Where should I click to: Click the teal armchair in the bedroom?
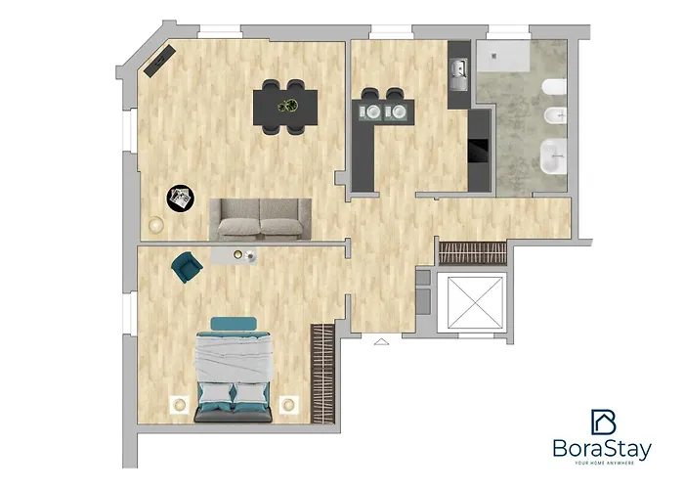point(187,267)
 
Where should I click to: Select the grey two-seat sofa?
point(261,219)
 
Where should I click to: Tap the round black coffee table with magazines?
point(181,199)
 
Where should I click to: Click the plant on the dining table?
point(288,106)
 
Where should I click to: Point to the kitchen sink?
point(459,74)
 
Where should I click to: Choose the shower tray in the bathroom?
point(502,56)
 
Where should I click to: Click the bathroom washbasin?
point(553,156)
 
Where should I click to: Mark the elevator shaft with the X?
point(475,302)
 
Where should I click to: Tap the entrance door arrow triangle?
point(381,342)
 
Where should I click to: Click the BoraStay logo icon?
point(603,422)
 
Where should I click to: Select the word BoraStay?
point(602,448)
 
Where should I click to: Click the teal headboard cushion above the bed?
point(234,324)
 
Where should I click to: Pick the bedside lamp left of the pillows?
point(179,405)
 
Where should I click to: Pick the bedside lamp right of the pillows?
point(289,405)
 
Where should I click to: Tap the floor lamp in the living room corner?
point(155,225)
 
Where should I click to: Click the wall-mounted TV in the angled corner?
point(159,61)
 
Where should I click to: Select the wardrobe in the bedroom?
point(322,374)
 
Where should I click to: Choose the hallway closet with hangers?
point(472,253)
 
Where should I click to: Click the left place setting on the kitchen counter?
point(370,111)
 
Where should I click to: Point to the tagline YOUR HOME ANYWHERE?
point(604,463)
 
